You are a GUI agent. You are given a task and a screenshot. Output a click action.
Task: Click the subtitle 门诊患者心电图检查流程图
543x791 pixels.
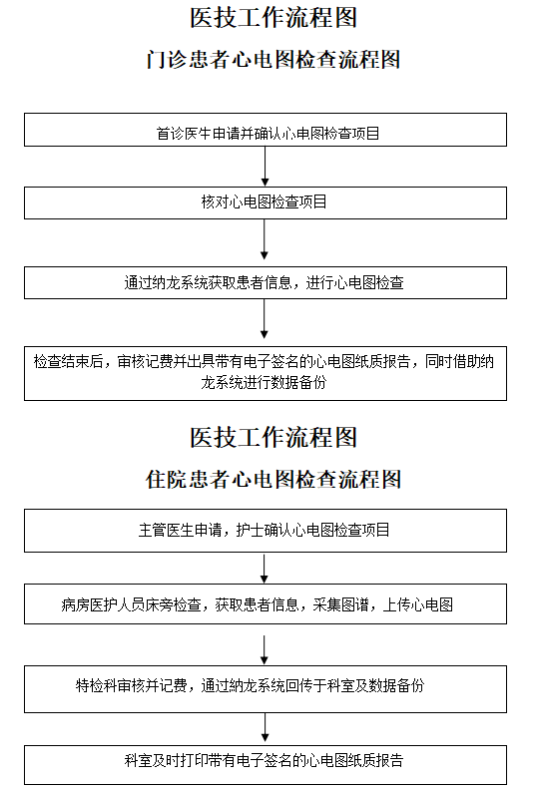273,60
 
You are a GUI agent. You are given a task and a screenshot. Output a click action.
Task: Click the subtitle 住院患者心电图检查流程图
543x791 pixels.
273,479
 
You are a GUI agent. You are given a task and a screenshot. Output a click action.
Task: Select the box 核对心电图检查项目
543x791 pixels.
266,202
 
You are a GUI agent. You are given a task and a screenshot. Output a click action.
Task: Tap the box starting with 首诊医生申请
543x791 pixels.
266,130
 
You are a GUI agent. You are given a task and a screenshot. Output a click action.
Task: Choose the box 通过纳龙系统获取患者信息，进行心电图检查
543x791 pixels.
266,282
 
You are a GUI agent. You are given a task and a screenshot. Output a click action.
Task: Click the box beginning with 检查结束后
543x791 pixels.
266,373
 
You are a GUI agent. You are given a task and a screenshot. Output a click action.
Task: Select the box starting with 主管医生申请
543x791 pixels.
266,531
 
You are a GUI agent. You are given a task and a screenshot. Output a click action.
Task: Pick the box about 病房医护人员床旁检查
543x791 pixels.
266,603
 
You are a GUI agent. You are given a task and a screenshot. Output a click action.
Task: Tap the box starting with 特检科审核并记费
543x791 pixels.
266,689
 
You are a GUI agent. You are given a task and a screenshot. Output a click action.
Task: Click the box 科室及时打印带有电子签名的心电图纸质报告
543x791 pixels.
266,765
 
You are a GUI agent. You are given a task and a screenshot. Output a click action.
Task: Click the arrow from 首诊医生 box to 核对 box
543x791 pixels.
265,166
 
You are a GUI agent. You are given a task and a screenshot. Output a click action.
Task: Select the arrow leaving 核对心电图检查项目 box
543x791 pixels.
264,239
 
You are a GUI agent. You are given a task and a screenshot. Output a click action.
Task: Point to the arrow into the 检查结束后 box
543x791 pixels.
264,319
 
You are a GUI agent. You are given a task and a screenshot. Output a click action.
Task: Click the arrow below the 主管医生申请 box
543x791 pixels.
264,569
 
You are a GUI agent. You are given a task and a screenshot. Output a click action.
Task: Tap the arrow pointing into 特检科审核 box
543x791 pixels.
264,649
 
